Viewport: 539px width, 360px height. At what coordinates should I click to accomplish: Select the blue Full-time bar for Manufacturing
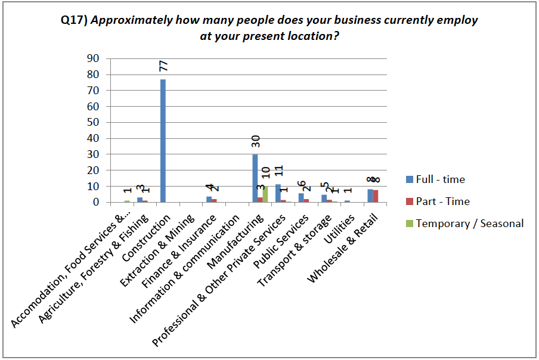point(255,178)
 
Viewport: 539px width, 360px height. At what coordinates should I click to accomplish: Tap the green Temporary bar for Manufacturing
point(265,194)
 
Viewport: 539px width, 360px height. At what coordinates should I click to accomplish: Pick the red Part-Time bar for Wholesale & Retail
point(376,196)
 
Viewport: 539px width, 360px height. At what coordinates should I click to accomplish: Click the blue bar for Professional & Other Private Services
point(278,193)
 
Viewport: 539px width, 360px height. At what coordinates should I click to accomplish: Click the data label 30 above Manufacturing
point(256,141)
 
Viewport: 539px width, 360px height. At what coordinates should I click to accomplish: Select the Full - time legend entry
point(440,179)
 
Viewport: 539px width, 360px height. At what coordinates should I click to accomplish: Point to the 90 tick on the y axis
point(92,58)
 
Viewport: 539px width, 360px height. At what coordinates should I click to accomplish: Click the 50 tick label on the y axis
point(92,122)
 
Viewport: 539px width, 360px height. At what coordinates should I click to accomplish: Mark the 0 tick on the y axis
point(95,202)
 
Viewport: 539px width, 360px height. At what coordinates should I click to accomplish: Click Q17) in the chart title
point(73,20)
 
